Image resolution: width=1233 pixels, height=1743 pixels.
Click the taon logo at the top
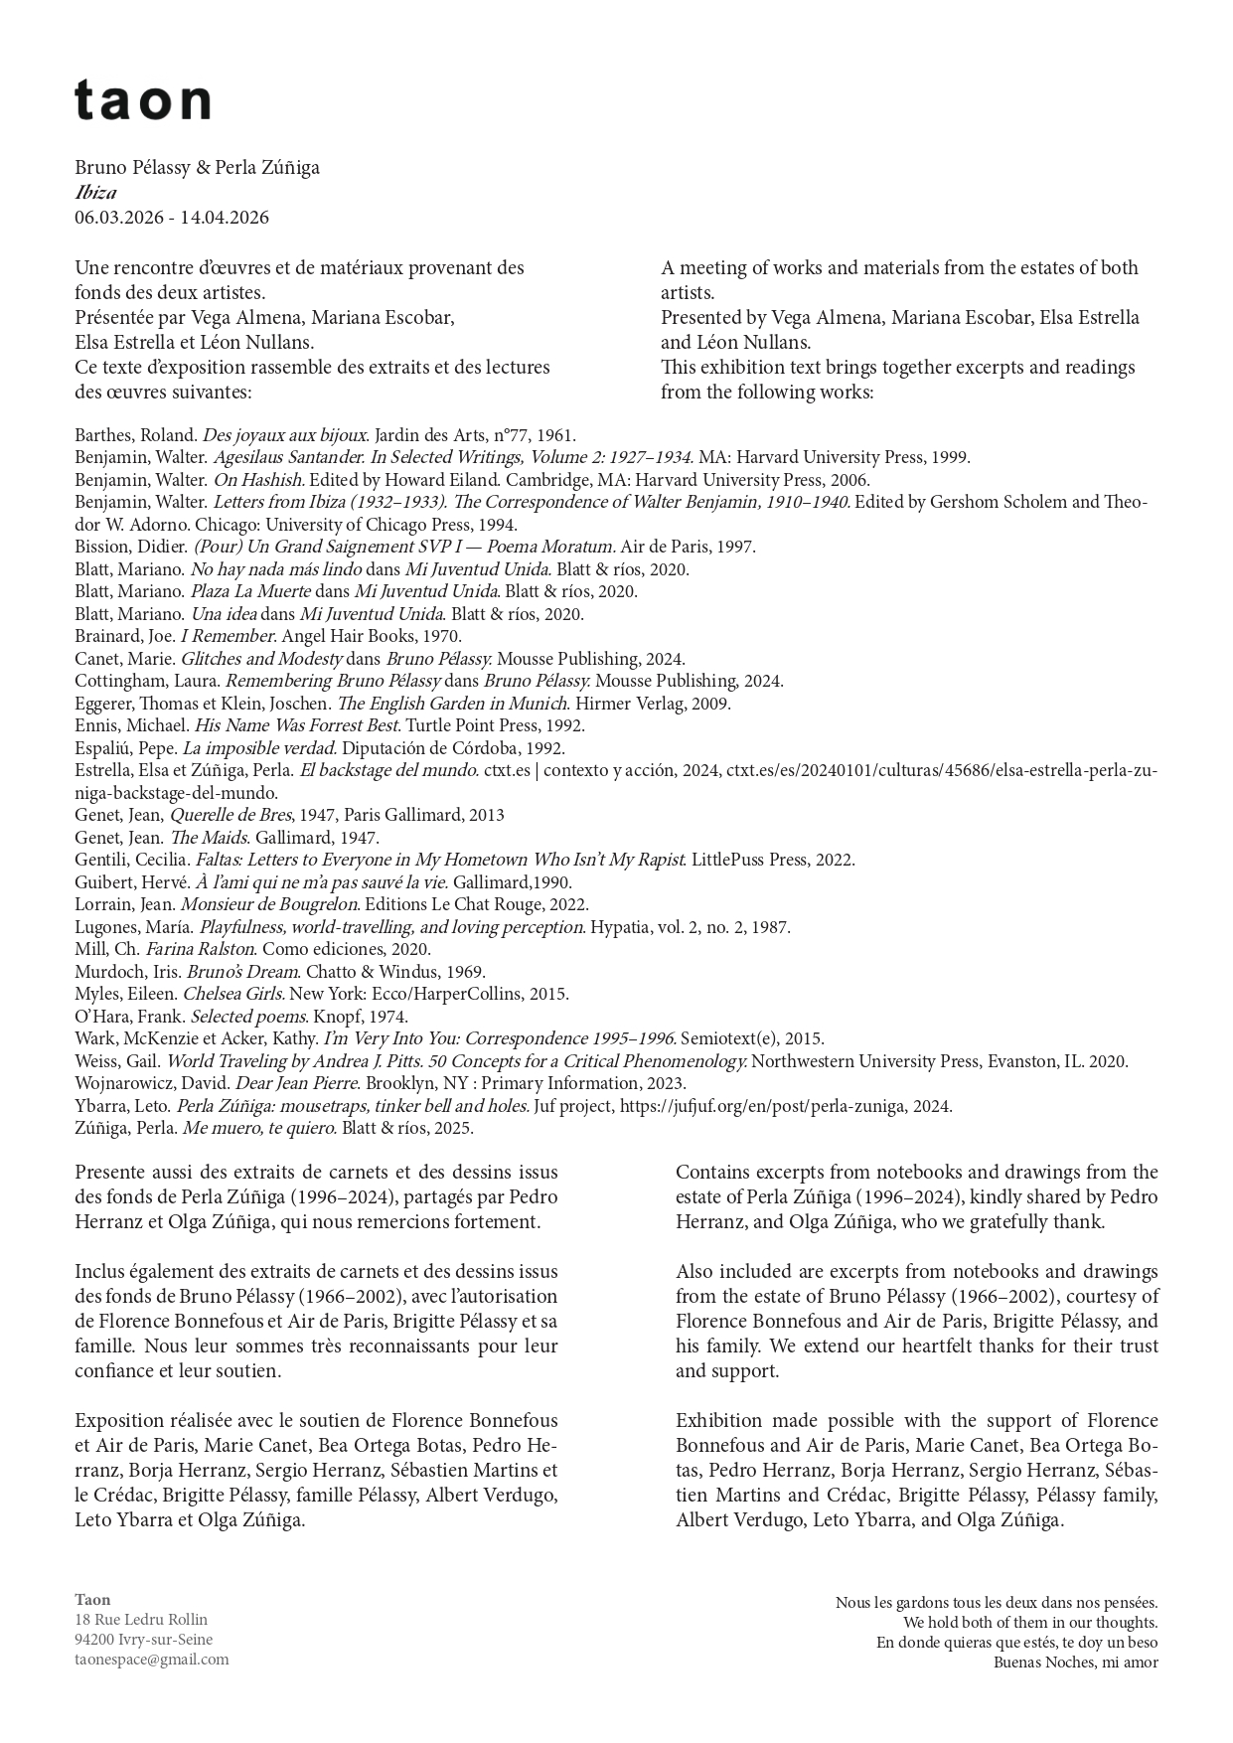pyautogui.click(x=142, y=100)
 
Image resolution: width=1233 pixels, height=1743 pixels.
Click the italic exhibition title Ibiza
pyautogui.click(x=95, y=193)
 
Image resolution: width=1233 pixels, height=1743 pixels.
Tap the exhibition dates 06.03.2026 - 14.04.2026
pyautogui.click(x=171, y=218)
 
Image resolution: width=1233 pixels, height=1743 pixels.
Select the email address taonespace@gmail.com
pyautogui.click(x=151, y=1659)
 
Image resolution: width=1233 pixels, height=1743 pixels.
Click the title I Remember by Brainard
pyautogui.click(x=229, y=636)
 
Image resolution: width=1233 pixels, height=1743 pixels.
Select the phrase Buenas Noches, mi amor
pyautogui.click(x=1075, y=1662)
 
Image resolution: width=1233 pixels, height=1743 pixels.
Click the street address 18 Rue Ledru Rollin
pyautogui.click(x=141, y=1619)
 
